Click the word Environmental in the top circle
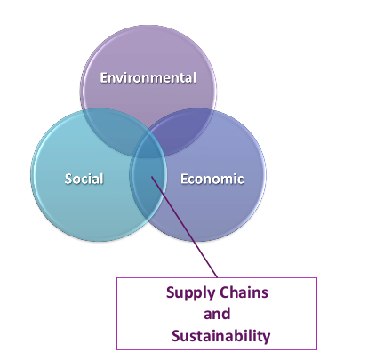point(148,77)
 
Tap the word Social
point(84,179)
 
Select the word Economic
point(212,179)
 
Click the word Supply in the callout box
point(190,293)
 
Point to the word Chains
point(244,292)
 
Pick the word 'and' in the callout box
point(217,314)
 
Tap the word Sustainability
point(220,337)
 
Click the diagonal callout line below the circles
point(184,228)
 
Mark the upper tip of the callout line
point(151,177)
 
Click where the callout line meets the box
point(218,278)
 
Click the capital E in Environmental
point(104,77)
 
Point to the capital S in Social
point(68,179)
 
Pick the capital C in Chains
point(224,292)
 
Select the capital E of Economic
point(184,179)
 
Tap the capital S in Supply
point(171,292)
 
